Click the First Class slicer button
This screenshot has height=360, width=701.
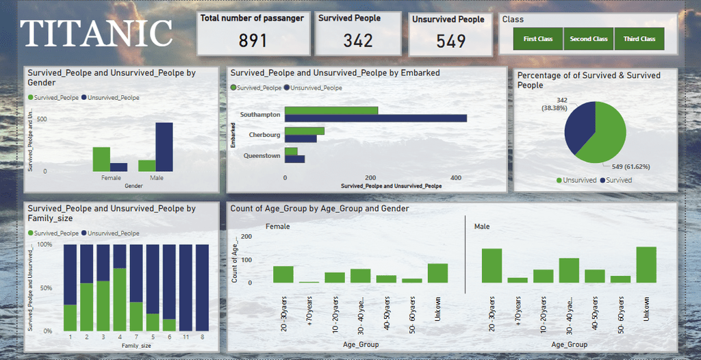point(537,39)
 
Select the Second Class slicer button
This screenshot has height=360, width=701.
point(589,39)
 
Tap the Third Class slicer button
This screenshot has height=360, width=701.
point(639,39)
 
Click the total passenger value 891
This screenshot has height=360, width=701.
point(253,41)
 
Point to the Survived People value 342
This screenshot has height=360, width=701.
point(358,40)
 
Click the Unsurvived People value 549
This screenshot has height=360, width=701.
point(451,42)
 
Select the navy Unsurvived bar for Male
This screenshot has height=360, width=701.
point(164,146)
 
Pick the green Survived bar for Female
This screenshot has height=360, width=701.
point(101,159)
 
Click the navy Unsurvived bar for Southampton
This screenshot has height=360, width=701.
point(376,118)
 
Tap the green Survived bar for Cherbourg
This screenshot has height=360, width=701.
point(305,131)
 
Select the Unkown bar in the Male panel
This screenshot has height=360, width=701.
point(646,265)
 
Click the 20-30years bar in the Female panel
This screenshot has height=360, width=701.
point(283,274)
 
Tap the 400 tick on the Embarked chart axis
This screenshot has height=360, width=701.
point(456,177)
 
